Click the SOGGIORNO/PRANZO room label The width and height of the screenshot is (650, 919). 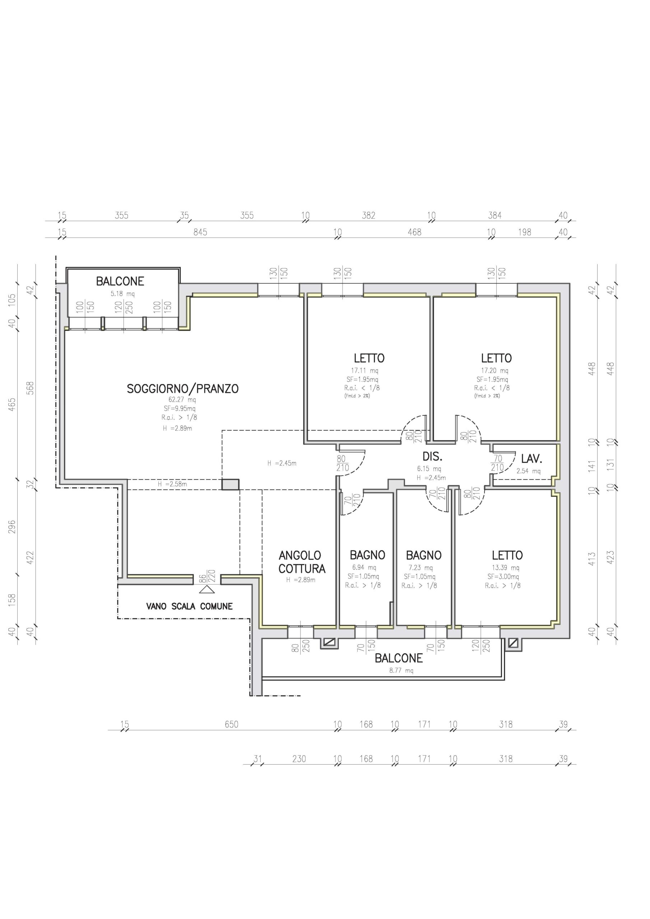coord(183,389)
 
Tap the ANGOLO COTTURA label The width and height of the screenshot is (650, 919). coord(302,562)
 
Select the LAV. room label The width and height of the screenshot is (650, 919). coord(531,459)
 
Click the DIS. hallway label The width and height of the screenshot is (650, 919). coord(432,456)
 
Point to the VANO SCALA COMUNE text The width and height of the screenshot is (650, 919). coord(189,606)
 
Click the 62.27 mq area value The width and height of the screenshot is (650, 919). coord(182,400)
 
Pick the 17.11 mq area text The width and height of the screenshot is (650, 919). coord(365,370)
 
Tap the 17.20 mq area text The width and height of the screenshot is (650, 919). coord(495,370)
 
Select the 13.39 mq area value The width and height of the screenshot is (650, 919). coord(505,568)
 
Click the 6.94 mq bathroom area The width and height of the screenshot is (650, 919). coord(364,568)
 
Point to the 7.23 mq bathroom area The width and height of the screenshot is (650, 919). coord(421,568)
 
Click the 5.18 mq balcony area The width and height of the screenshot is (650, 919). coord(122,294)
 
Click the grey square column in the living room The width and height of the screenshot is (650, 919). coord(231,484)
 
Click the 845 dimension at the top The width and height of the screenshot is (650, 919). coord(200,232)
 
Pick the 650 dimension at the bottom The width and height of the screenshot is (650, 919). coord(232,724)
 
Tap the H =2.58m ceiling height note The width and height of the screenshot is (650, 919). coord(172,484)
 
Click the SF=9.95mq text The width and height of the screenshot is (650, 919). coord(180,409)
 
